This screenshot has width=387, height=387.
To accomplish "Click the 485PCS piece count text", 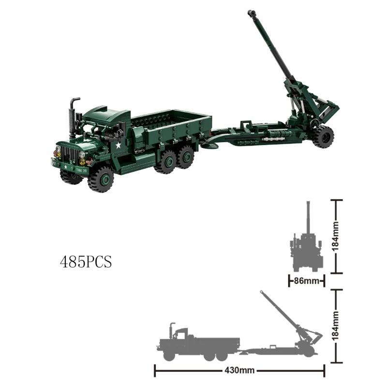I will pyautogui.click(x=86, y=262).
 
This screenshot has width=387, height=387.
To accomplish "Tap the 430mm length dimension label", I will pyautogui.click(x=239, y=371).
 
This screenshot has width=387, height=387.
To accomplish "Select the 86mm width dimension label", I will pyautogui.click(x=306, y=281).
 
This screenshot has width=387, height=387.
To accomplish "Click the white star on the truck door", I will pyautogui.click(x=118, y=145).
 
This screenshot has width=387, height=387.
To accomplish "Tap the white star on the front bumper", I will pyautogui.click(x=66, y=165).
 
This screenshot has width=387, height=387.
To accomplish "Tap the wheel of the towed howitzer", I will pyautogui.click(x=323, y=136).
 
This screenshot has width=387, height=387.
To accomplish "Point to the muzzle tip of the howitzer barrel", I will pyautogui.click(x=251, y=13).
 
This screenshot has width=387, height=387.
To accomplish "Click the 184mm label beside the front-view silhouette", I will pyautogui.click(x=337, y=236).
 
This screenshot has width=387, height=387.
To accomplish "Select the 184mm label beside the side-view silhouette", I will pyautogui.click(x=337, y=326).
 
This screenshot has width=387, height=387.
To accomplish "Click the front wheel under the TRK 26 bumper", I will pyautogui.click(x=101, y=179).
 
